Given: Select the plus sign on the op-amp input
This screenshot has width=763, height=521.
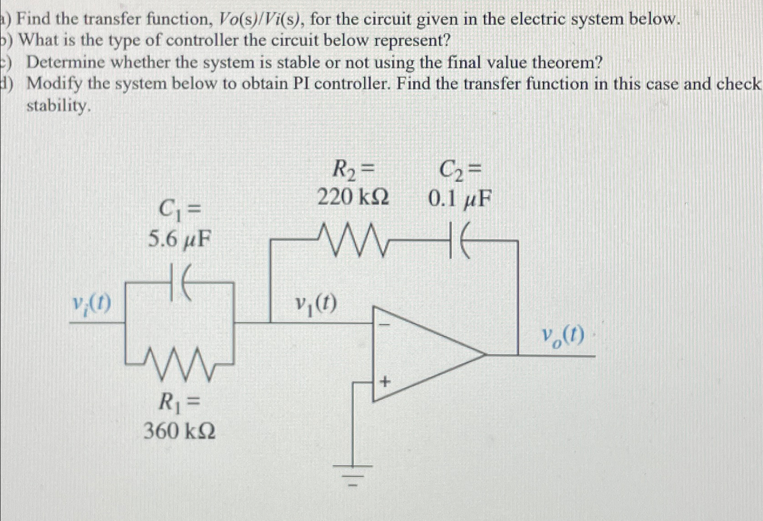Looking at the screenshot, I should [x=384, y=383].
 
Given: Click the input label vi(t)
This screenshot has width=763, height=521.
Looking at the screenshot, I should [x=92, y=302].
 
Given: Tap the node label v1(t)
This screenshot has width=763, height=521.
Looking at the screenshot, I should [x=316, y=303].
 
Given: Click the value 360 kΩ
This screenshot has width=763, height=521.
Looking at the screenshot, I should [x=180, y=432].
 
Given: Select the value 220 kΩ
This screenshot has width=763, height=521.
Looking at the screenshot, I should [x=353, y=197].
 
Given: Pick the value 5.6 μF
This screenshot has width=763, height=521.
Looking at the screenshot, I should [x=180, y=240].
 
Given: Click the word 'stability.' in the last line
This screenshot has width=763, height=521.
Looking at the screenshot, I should [x=56, y=106].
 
